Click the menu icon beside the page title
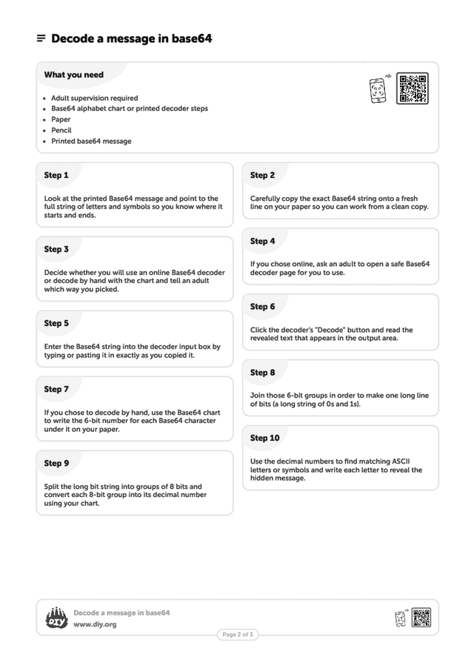[x=41, y=39]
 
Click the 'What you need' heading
[x=73, y=75]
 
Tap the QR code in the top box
[x=412, y=89]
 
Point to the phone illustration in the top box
[x=378, y=90]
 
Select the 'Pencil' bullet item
[x=61, y=130]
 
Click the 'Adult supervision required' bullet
[x=94, y=98]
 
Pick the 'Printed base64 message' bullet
[x=91, y=141]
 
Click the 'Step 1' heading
[x=56, y=176]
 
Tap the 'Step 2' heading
[x=262, y=176]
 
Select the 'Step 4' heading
[x=262, y=241]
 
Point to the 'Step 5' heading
[x=56, y=324]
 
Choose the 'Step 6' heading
[x=262, y=307]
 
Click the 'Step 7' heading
[x=56, y=390]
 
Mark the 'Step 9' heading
[x=56, y=464]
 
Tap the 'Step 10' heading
[x=264, y=438]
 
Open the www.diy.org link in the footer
[x=95, y=624]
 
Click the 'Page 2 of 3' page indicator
[x=238, y=635]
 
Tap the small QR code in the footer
[x=421, y=618]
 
